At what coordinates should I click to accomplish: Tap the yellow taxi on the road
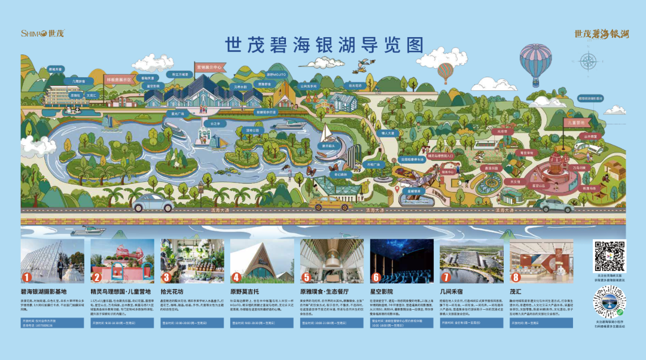pos(330,203)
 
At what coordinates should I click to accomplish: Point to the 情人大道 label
pos(388,133)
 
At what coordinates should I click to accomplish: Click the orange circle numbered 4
pos(236,277)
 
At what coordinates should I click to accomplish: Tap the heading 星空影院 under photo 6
pos(384,290)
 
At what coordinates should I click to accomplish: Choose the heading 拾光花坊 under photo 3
pos(173,290)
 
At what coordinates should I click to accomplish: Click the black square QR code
pos(609,256)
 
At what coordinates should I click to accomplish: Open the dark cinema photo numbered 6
pos(401,261)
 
